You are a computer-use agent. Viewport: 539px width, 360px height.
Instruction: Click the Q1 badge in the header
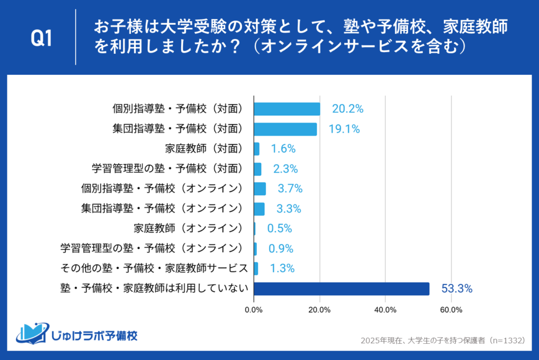[42, 38]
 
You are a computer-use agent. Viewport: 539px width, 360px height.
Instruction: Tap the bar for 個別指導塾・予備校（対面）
[287, 109]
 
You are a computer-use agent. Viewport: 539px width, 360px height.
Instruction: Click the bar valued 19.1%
[285, 129]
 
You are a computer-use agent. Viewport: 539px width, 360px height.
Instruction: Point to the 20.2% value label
[347, 109]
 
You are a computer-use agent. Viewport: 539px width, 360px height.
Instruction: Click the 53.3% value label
[456, 288]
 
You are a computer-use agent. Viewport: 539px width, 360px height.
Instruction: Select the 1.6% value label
[283, 149]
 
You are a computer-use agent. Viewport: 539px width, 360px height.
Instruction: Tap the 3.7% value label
[290, 189]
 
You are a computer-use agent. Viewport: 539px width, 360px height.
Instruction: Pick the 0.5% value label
[280, 228]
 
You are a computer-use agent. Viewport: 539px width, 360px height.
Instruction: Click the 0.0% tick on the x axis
[254, 309]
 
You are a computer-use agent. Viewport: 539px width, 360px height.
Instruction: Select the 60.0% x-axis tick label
[451, 309]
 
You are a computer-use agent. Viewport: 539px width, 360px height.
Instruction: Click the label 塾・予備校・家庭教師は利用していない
[155, 288]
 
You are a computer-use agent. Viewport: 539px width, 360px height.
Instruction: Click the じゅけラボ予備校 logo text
[95, 335]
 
